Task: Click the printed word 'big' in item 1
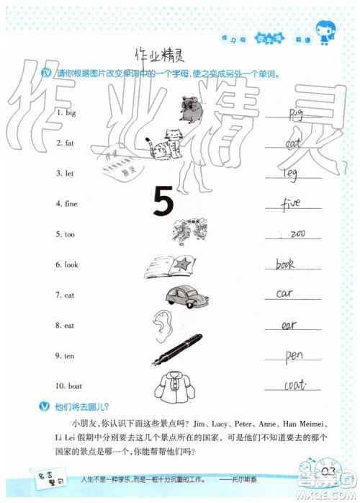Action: (70, 113)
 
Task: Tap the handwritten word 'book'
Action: (285, 264)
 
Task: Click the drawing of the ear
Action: (161, 324)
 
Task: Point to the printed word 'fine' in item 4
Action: (71, 204)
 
